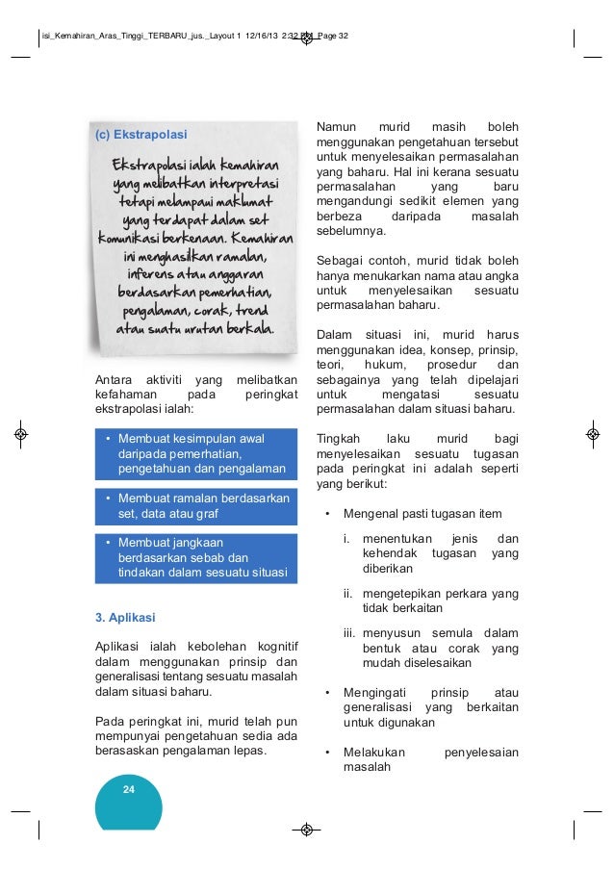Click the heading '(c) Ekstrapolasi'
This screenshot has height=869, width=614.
pos(141,134)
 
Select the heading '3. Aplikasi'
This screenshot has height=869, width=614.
pos(125,616)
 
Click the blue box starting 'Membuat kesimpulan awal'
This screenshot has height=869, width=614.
pos(195,454)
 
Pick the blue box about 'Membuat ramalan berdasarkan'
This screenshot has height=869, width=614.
pos(195,506)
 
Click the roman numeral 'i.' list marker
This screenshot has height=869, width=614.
pos(346,539)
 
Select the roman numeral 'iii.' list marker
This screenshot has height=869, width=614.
pos(350,633)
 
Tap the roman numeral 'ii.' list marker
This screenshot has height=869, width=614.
pos(348,594)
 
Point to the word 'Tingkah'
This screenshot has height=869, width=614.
pos(336,438)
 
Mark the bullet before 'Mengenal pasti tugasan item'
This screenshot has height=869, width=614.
pos(328,514)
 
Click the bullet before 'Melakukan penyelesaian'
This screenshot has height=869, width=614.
pos(328,753)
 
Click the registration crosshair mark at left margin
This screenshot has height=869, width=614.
pos(20,434)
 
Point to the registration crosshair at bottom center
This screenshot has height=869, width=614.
pos(306,829)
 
